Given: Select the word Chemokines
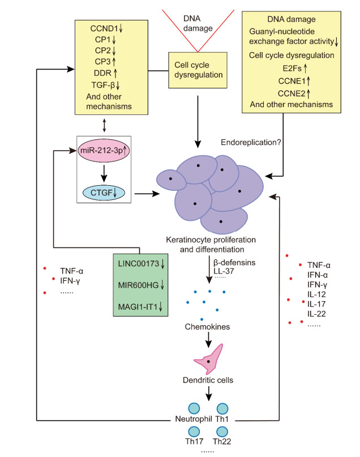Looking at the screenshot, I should pyautogui.click(x=209, y=326).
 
